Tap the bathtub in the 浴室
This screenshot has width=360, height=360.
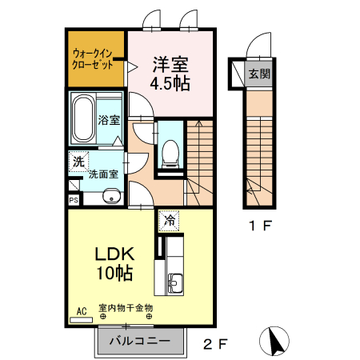click(x=83, y=118)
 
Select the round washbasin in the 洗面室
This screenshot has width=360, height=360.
click(x=112, y=197)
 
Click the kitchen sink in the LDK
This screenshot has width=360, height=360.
click(x=175, y=284)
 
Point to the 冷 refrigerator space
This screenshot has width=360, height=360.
click(x=169, y=221)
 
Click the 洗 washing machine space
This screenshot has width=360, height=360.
click(x=78, y=162)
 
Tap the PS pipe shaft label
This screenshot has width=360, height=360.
click(x=74, y=200)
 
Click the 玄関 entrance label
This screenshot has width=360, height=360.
click(x=259, y=74)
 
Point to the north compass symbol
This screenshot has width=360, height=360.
click(x=274, y=341)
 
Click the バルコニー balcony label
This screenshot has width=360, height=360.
click(x=140, y=341)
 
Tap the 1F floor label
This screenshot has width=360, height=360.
click(x=260, y=226)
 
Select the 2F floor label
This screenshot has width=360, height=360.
click(x=215, y=344)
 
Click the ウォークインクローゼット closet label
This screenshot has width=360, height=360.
click(x=93, y=59)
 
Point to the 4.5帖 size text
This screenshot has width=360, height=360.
click(x=170, y=83)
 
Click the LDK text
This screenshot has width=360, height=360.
click(x=114, y=254)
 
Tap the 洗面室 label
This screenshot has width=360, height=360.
click(x=103, y=174)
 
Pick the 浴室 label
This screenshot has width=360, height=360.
click(x=109, y=120)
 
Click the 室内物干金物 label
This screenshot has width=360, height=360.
click(x=126, y=308)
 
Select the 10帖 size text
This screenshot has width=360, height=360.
click(x=114, y=274)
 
